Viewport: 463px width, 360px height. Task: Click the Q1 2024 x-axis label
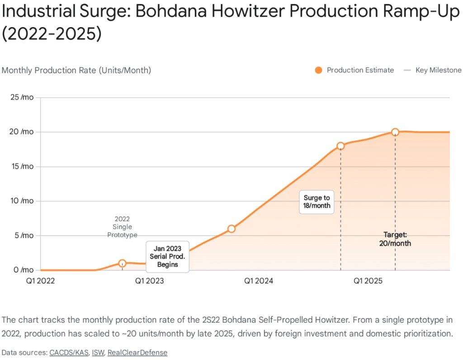(x=258, y=281)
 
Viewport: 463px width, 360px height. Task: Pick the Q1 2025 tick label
(x=368, y=281)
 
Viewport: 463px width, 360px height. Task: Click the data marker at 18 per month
(x=340, y=146)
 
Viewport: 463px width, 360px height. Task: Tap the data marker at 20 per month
(x=395, y=132)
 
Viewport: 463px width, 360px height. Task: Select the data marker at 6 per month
(x=231, y=229)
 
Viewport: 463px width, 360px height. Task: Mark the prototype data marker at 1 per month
(x=122, y=263)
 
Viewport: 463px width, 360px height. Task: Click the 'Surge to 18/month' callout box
(x=317, y=201)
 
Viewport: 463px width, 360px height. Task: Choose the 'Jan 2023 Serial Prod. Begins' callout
(x=167, y=257)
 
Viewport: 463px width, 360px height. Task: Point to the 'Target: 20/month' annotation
(x=395, y=239)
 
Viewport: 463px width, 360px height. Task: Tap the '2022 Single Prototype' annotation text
(x=122, y=227)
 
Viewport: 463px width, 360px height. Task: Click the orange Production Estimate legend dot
(x=318, y=70)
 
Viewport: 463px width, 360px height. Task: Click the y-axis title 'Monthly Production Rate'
(x=76, y=70)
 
